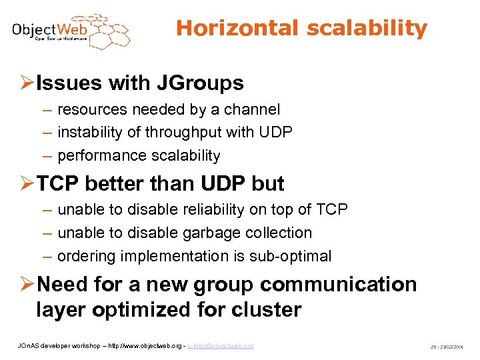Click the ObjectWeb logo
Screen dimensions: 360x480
pyautogui.click(x=71, y=31)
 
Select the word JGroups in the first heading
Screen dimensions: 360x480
pyautogui.click(x=201, y=83)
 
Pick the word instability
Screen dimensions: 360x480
pyautogui.click(x=90, y=133)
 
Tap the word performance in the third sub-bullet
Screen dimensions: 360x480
pyautogui.click(x=99, y=156)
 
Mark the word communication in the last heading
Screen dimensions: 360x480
pyautogui.click(x=338, y=285)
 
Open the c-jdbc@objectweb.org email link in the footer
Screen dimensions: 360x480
pyautogui.click(x=220, y=346)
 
